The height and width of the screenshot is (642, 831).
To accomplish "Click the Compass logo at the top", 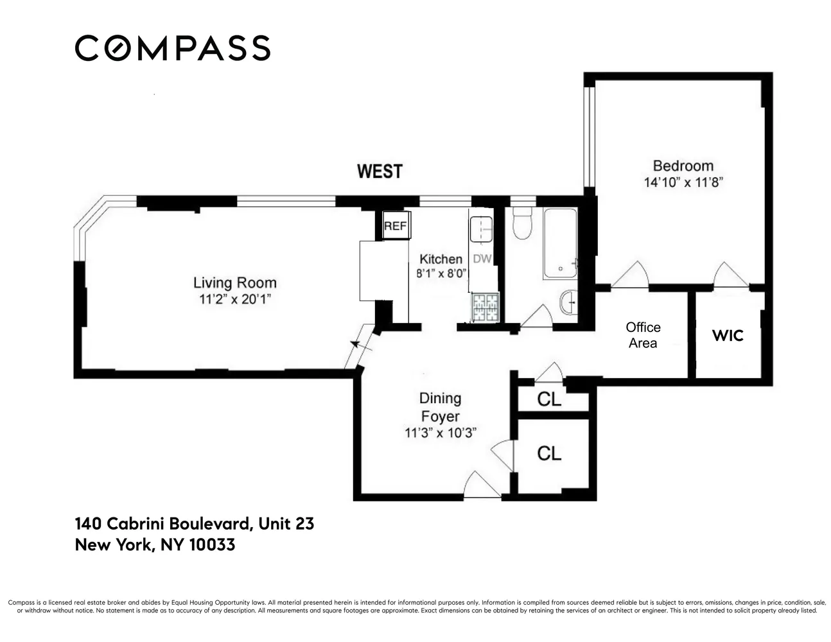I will pyautogui.click(x=172, y=48).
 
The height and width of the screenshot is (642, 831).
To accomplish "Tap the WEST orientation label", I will pyautogui.click(x=380, y=171).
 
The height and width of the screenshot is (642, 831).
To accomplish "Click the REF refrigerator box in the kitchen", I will pyautogui.click(x=395, y=226).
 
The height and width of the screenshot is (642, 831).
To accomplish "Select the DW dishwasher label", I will pyautogui.click(x=482, y=259).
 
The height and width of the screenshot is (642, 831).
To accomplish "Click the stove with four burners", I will pyautogui.click(x=486, y=307).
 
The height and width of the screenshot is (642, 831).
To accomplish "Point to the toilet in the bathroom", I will pyautogui.click(x=523, y=223).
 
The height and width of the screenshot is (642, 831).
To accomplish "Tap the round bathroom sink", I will pyautogui.click(x=568, y=303).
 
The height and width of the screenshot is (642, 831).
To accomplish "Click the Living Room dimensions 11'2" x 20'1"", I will pyautogui.click(x=235, y=299).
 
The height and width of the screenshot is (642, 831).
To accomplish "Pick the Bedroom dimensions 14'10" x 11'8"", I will pyautogui.click(x=683, y=182).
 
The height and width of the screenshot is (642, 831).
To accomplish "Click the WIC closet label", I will pyautogui.click(x=728, y=335).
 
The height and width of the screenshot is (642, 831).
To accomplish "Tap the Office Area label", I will pyautogui.click(x=643, y=335).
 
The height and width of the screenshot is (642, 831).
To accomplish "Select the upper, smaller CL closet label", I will pyautogui.click(x=549, y=399).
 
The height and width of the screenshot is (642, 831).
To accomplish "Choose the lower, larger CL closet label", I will pyautogui.click(x=549, y=453).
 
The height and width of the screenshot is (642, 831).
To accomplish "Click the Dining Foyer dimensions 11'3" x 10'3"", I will pyautogui.click(x=440, y=433).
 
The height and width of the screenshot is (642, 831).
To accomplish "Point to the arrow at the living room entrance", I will pyautogui.click(x=360, y=346).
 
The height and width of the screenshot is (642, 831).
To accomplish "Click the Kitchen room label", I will pyautogui.click(x=441, y=259).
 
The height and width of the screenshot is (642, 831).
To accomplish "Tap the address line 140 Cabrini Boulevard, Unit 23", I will pyautogui.click(x=195, y=524).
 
